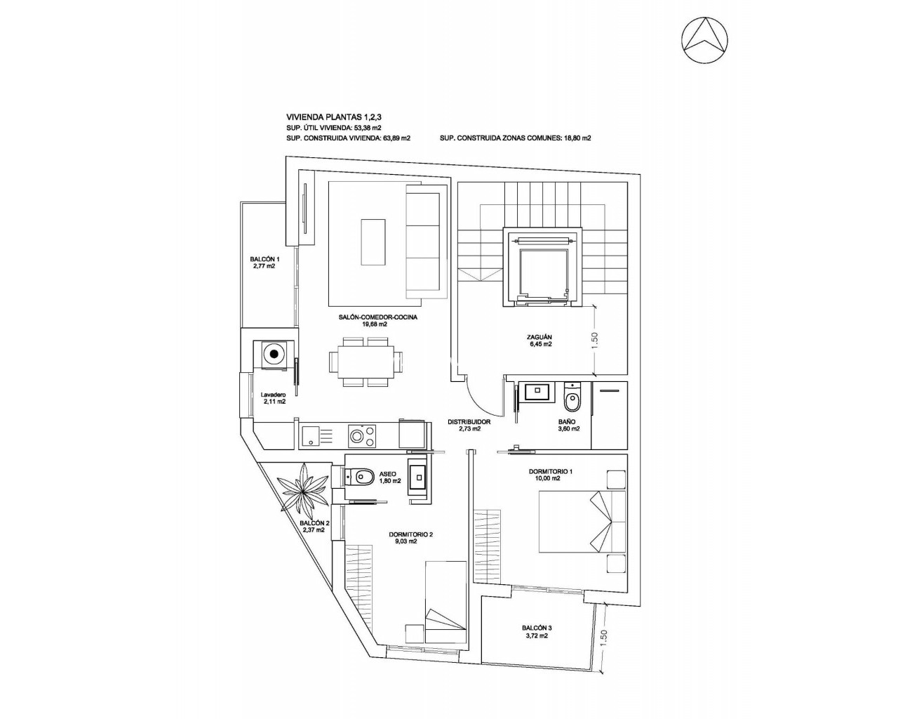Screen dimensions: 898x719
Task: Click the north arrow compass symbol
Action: coord(705,40)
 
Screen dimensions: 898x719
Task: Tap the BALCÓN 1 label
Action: coord(265,263)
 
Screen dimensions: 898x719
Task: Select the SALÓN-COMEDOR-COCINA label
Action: coord(378,320)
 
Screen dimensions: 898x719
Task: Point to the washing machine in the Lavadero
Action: coord(274,355)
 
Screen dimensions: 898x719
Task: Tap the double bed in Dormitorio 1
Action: coord(582,522)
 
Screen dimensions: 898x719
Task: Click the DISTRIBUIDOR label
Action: coord(469,426)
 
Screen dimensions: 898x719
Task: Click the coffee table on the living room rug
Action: coord(373,242)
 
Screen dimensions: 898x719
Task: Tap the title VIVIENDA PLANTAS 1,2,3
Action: coord(333,117)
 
